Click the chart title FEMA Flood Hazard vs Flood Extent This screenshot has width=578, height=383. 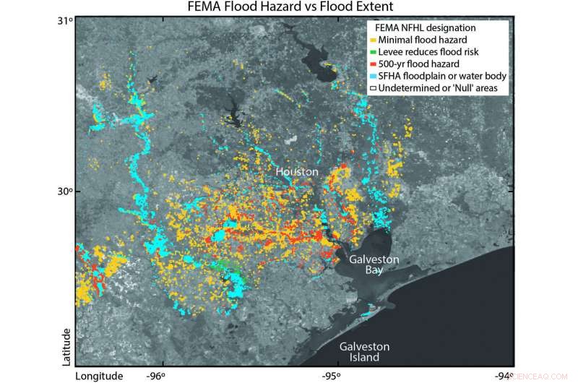pyautogui.click(x=288, y=8)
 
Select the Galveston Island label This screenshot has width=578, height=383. pyautogui.click(x=366, y=352)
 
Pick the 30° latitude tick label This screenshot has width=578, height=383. pyautogui.click(x=66, y=191)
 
